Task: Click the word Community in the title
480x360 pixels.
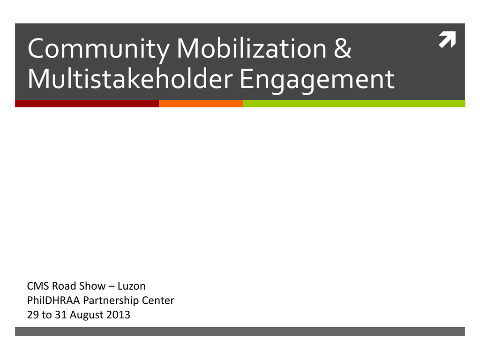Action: (98, 49)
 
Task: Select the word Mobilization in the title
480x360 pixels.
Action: (252, 48)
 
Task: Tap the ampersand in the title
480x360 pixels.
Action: (342, 48)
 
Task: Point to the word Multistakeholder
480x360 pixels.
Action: (130, 78)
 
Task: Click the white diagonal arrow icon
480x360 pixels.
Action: (447, 39)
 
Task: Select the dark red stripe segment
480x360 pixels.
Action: (87, 104)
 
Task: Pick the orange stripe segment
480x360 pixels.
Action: (201, 104)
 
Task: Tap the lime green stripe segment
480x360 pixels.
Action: (354, 104)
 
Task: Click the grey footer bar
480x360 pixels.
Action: (240, 331)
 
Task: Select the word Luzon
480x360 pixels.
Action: (132, 286)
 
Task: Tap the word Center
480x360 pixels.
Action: (158, 300)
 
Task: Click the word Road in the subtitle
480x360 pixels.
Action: (64, 286)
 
